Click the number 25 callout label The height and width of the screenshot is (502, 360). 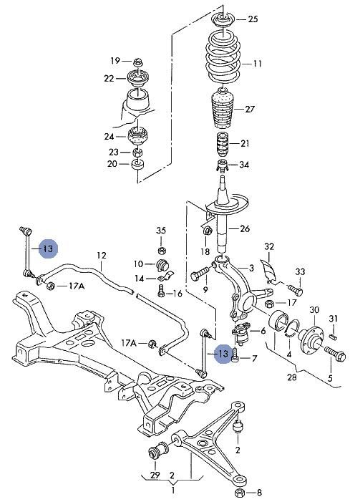[253, 19]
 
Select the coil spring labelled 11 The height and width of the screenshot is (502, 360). [224, 59]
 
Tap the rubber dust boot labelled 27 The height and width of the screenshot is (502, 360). [223, 109]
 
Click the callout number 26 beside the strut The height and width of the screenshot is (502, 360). [245, 228]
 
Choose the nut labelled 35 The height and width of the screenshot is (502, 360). [162, 250]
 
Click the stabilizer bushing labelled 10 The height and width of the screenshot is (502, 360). [163, 264]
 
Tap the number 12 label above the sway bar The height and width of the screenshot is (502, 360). [101, 256]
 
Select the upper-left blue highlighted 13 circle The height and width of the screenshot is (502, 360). [48, 248]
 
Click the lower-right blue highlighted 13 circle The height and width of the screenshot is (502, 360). [223, 354]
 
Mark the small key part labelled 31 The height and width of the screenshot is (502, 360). [334, 336]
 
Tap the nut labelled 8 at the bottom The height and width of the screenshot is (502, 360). [240, 491]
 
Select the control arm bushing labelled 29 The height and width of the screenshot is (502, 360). [158, 450]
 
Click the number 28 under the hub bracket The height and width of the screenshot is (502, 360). [291, 377]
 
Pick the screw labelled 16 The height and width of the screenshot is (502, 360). [161, 291]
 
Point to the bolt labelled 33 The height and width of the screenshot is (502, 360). [296, 290]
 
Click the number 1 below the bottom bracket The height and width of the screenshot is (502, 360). [173, 490]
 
